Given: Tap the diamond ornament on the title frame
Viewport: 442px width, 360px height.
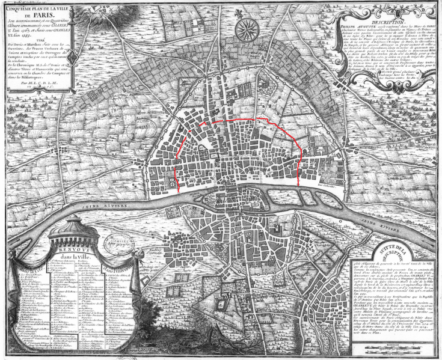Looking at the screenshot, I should pyautogui.click(x=72, y=57).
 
